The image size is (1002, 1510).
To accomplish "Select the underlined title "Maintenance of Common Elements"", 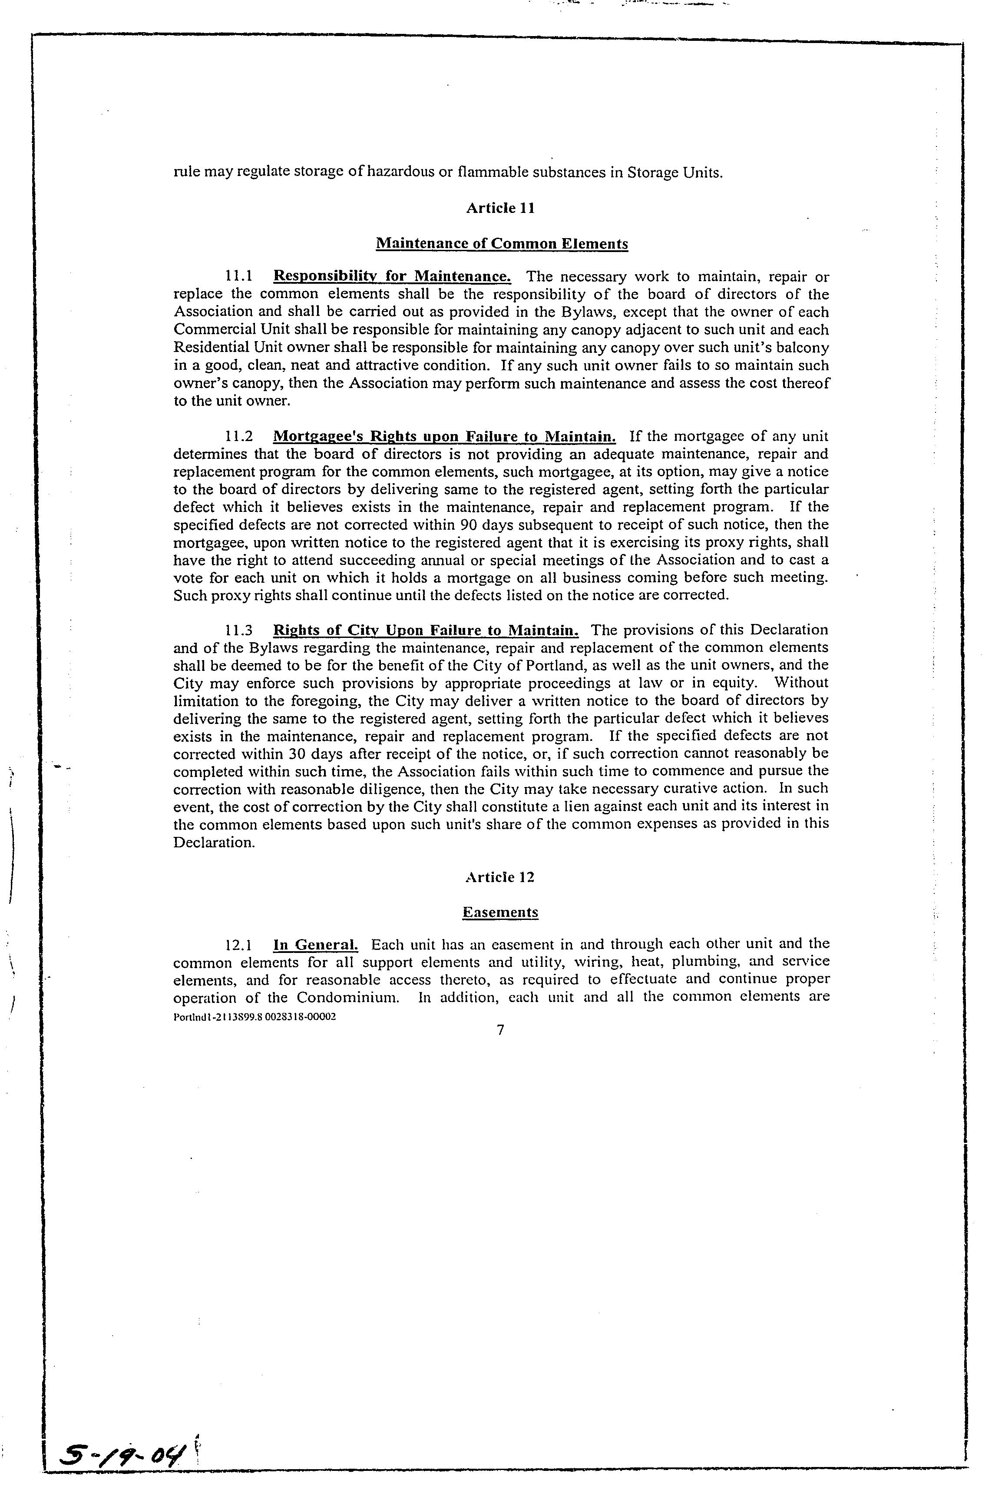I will tap(502, 244).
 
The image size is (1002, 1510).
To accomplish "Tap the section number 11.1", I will tap(239, 277).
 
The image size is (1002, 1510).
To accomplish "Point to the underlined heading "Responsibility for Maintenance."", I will tap(392, 277).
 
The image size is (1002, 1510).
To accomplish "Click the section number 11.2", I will tap(239, 437).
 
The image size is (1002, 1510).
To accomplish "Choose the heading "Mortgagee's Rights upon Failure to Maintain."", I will tap(444, 437).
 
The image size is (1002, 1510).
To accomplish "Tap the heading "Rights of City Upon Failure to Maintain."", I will tap(426, 631).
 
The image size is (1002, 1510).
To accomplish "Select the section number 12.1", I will tap(239, 945).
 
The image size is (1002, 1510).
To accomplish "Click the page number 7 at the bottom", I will tap(500, 1030).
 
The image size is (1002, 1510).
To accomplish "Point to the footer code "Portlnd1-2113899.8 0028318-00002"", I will tap(255, 1016).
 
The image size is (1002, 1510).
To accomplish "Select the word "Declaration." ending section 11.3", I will tap(214, 842).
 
